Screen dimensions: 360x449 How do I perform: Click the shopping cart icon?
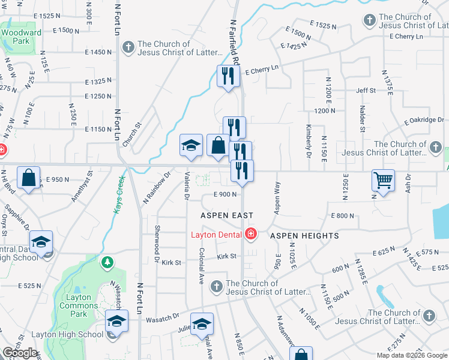[382, 179]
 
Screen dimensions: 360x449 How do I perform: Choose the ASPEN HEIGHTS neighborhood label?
[304, 236]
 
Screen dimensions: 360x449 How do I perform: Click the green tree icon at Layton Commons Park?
[107, 262]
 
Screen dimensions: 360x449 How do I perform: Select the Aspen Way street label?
[277, 197]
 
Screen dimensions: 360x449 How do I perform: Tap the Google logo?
[20, 353]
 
